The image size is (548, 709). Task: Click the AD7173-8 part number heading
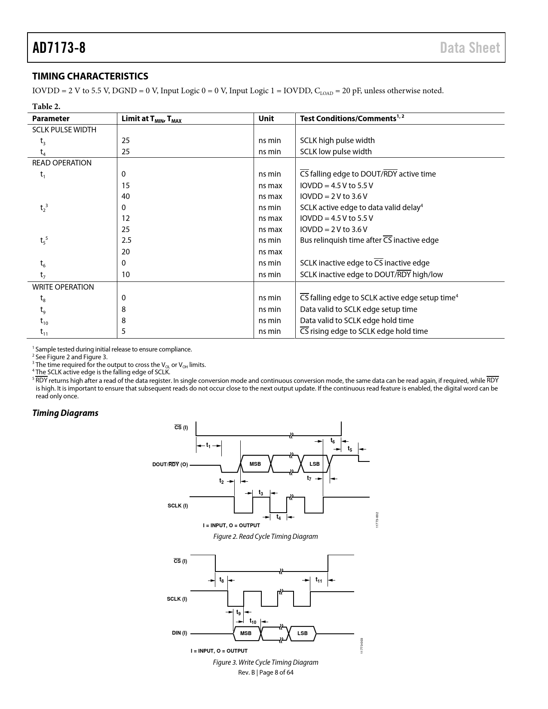pos(59,48)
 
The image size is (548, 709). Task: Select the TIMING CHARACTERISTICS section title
pos(90,76)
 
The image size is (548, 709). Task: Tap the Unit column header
pos(266,119)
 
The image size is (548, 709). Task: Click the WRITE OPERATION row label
pos(63,287)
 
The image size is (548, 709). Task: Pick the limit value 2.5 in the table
pos(126,240)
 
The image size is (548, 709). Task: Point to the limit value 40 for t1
pos(126,196)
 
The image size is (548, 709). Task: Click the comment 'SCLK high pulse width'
pos(337,141)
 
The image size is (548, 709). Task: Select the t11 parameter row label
pos(44,331)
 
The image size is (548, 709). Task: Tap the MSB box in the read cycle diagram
pos(255,464)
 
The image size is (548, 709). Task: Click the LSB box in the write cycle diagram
pos(303,633)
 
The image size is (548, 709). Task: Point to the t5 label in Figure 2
pos(350,449)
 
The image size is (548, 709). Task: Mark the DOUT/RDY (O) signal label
pos(170,465)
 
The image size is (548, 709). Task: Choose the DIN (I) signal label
pos(180,633)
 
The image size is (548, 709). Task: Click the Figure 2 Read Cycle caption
pos(266,536)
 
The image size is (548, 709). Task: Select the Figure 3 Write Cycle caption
pos(266,662)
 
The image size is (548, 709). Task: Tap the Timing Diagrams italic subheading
pos(65,413)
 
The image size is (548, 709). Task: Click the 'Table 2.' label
pos(46,106)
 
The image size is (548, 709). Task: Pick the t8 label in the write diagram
pos(221,580)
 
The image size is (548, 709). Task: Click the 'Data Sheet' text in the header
pos(470,48)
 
